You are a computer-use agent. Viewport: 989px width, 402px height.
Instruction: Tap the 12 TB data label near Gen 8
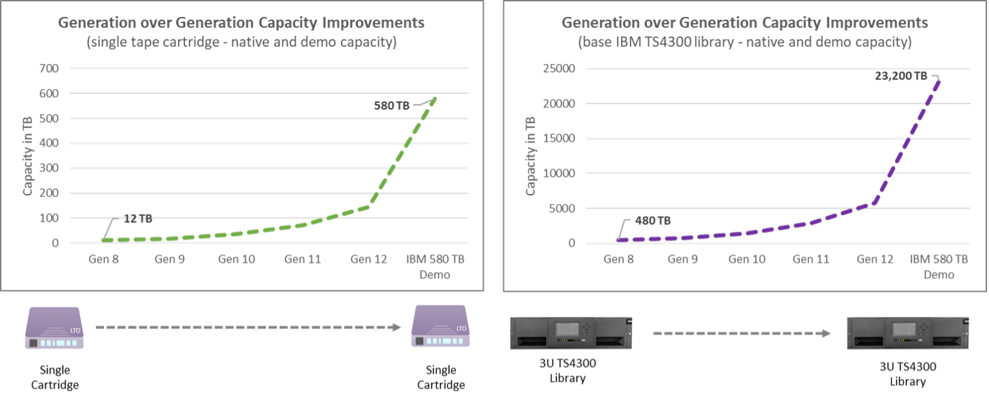pyautogui.click(x=137, y=219)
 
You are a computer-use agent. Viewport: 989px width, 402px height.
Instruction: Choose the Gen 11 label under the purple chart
pyautogui.click(x=811, y=259)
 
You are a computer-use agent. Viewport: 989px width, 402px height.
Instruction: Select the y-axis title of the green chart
pyautogui.click(x=28, y=156)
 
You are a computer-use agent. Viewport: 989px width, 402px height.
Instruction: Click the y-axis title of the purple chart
pyautogui.click(x=531, y=156)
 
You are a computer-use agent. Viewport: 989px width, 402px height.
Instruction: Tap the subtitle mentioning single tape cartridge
pyautogui.click(x=241, y=43)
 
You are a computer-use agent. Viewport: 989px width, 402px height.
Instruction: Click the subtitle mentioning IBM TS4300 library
pyautogui.click(x=744, y=43)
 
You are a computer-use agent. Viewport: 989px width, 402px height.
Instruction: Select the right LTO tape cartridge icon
pyautogui.click(x=441, y=326)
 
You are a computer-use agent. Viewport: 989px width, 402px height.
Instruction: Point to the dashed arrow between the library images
pyautogui.click(x=741, y=334)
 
